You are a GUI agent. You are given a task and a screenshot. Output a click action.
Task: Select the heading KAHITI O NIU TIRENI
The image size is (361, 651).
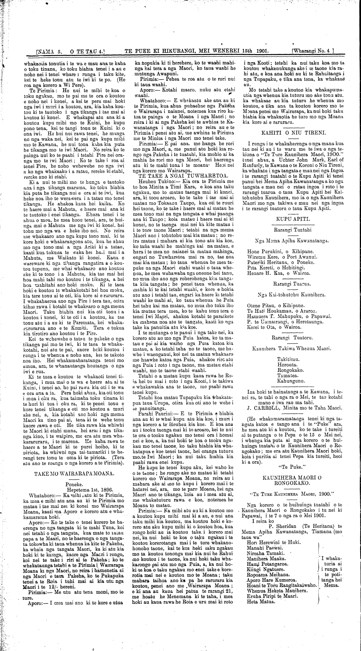click(x=294, y=132)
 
